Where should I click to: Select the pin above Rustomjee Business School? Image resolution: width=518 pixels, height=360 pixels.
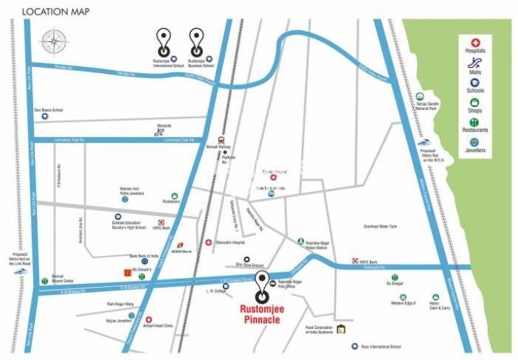196,39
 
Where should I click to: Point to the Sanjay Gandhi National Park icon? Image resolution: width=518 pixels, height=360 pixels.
418,96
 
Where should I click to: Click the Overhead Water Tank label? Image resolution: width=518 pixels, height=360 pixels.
381,226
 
